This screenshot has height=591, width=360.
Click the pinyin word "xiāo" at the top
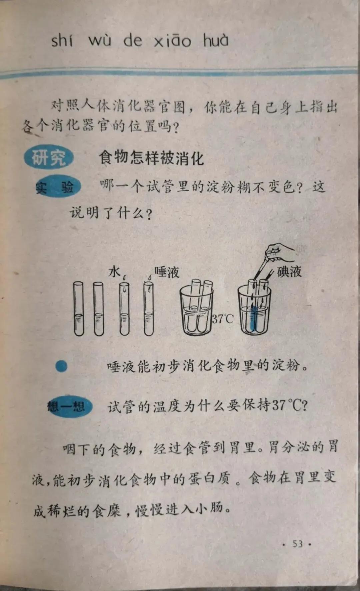tap(172, 41)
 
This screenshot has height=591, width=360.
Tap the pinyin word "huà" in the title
tap(216, 40)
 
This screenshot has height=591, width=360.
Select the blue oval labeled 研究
tap(49, 157)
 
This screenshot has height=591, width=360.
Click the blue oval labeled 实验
tap(59, 186)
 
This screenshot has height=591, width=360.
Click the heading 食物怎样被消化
tap(151, 158)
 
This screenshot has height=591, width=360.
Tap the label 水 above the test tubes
tap(114, 272)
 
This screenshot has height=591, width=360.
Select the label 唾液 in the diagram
tap(167, 272)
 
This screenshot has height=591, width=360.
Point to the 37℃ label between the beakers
tap(223, 319)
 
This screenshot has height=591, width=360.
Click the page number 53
tap(298, 544)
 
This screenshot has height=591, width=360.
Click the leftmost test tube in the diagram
tap(79, 308)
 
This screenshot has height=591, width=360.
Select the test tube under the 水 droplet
tap(124, 309)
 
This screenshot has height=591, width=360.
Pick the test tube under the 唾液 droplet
tap(149, 309)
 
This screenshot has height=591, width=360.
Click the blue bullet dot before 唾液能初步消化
tap(61, 366)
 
